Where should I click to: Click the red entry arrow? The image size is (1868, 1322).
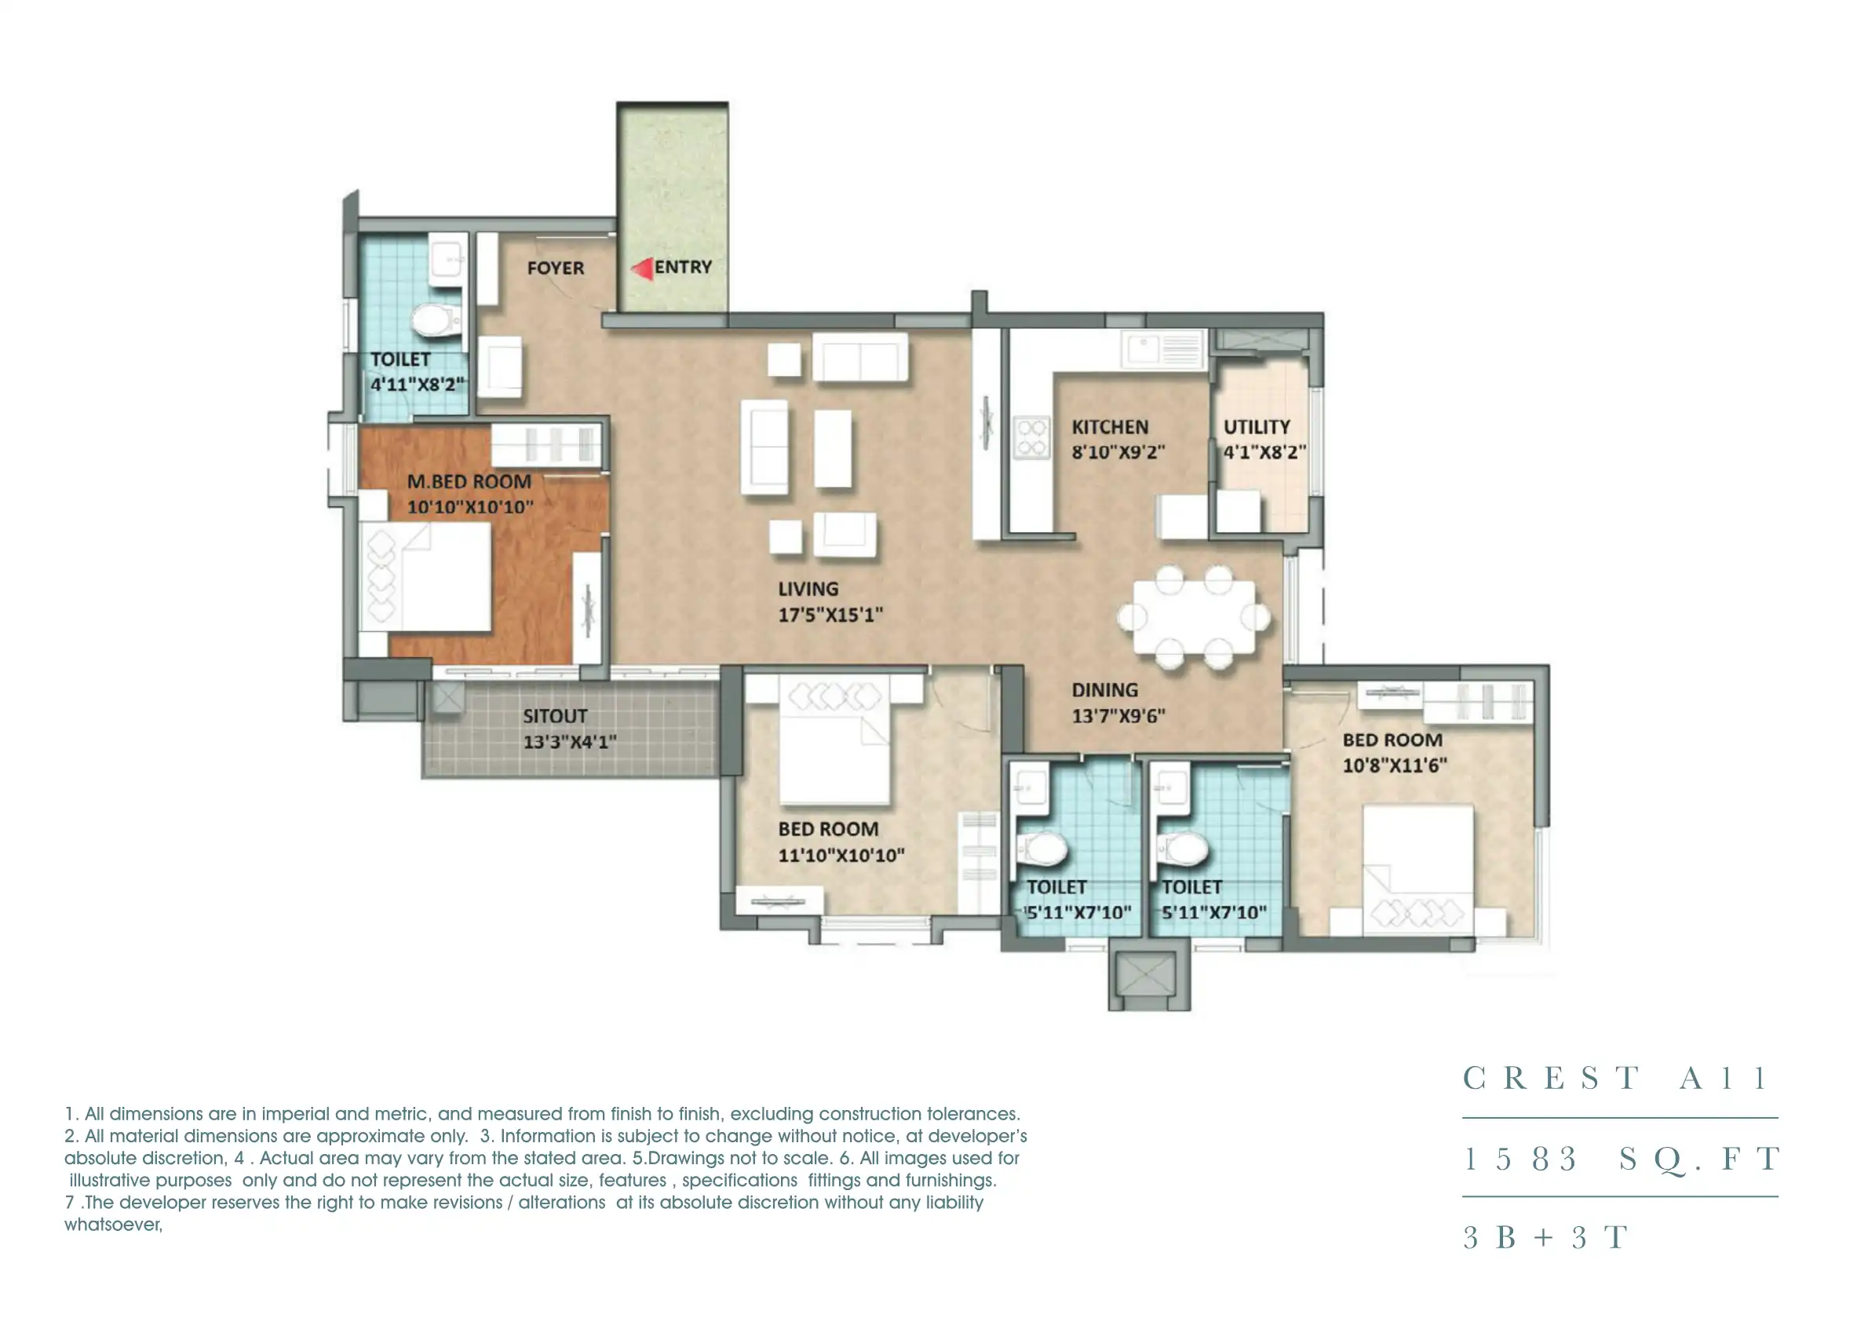click(642, 268)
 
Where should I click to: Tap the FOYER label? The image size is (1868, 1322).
click(555, 268)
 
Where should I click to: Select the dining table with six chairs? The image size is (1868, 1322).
click(1193, 617)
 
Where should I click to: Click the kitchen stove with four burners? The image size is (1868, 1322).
click(1031, 437)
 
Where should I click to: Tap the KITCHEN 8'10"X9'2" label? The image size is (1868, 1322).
click(1117, 440)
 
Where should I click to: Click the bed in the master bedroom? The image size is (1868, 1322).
click(425, 577)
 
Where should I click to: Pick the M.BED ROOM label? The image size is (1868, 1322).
click(469, 482)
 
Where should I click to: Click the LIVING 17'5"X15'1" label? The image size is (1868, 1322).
click(829, 601)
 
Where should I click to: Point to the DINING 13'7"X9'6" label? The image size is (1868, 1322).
click(1117, 703)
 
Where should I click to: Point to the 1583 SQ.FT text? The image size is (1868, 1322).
click(1620, 1159)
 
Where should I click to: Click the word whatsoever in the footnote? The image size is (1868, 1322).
click(113, 1225)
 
